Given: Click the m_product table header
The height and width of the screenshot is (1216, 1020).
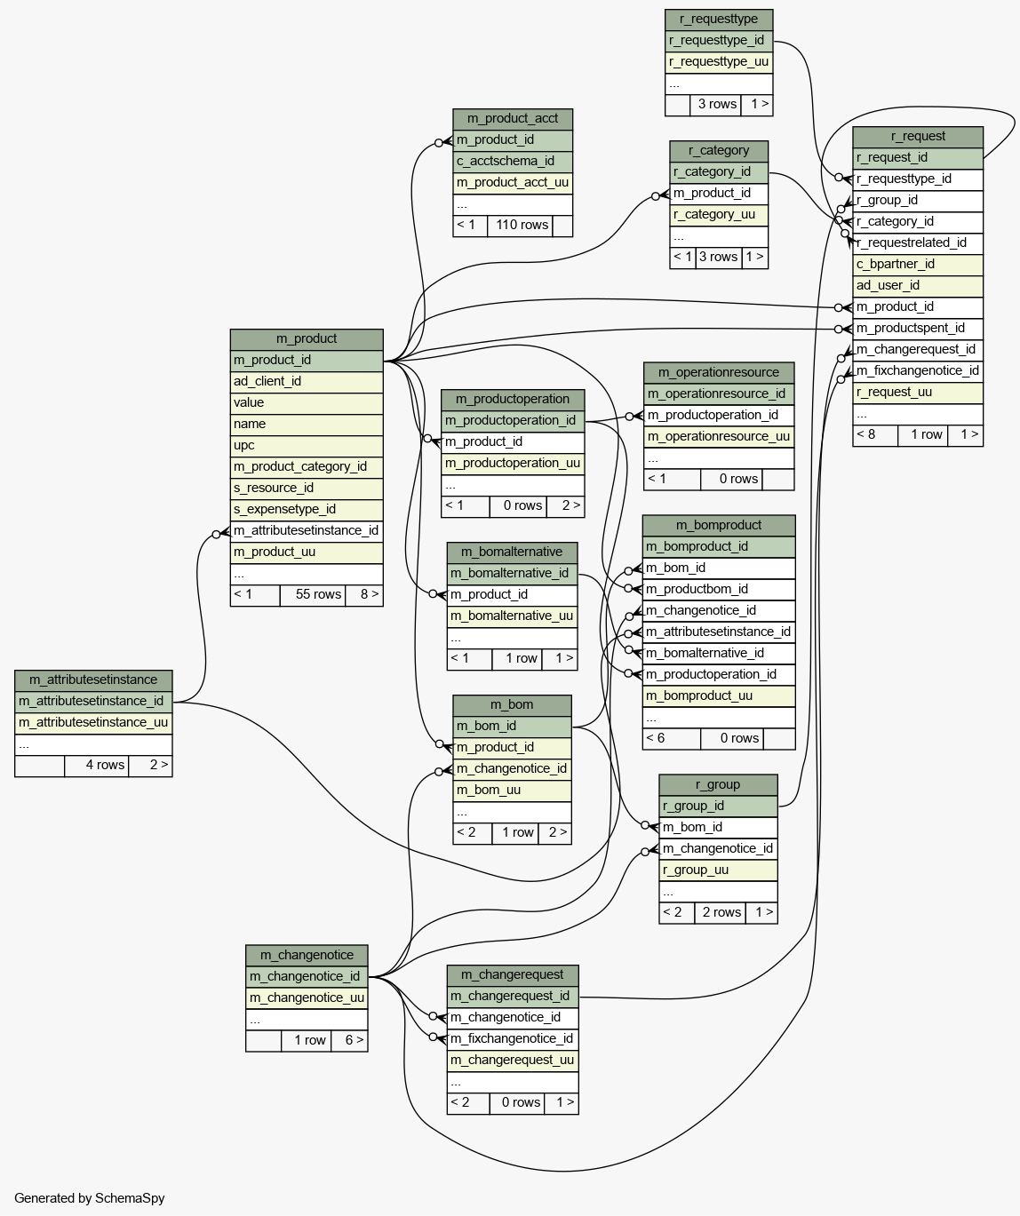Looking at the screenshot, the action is tap(307, 339).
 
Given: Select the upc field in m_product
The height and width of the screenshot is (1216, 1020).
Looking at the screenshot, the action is tap(307, 446).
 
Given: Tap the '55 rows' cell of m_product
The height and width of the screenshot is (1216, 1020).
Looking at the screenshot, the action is tap(312, 595).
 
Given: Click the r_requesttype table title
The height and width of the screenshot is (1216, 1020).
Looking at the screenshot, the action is tap(719, 20).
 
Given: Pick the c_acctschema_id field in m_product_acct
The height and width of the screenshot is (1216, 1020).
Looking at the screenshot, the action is tap(513, 162).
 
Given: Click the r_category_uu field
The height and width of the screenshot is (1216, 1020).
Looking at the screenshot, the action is tap(719, 215).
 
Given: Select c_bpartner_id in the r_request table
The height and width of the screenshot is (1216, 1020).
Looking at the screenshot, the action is tap(918, 265).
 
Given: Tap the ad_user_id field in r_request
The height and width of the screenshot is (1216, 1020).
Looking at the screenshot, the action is tap(918, 286).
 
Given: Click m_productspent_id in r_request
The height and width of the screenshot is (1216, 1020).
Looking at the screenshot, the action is tap(918, 329).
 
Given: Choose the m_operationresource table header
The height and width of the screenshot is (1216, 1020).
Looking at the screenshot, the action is tap(719, 373).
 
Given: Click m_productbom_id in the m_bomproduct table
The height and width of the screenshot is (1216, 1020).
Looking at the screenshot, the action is tap(719, 590).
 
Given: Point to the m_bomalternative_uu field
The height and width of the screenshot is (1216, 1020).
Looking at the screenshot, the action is tap(512, 616).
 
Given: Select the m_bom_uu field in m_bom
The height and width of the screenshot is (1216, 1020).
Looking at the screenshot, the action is tap(512, 791).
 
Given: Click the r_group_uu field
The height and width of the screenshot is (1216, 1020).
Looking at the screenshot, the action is tap(718, 870).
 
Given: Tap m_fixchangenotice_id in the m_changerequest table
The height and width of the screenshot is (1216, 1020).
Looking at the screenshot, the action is tap(513, 1039).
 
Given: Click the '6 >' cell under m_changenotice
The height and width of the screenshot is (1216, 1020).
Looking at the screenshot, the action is tap(349, 1041).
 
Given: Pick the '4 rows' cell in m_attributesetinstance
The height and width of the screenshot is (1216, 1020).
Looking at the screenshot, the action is tap(97, 766).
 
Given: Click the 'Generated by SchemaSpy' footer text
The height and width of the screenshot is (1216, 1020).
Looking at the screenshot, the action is tap(90, 1198).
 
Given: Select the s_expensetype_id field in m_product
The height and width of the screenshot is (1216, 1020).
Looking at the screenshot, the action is tap(307, 510).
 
